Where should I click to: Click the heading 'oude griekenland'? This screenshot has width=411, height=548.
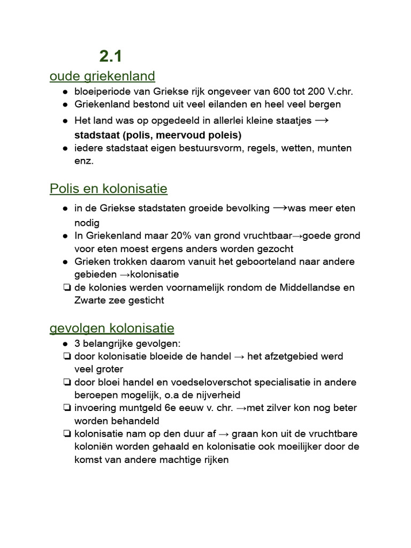tap(102, 76)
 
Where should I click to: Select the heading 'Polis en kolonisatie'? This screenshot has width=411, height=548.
tap(108, 188)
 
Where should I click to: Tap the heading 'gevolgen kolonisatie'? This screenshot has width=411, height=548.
tap(112, 328)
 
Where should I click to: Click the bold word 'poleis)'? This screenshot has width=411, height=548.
tap(224, 135)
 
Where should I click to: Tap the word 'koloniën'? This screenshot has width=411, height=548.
tap(94, 447)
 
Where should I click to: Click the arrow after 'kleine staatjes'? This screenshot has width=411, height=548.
tap(322, 120)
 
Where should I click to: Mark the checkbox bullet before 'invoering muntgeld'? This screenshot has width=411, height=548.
tap(66, 408)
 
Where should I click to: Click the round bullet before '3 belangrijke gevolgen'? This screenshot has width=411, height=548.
tap(65, 344)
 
